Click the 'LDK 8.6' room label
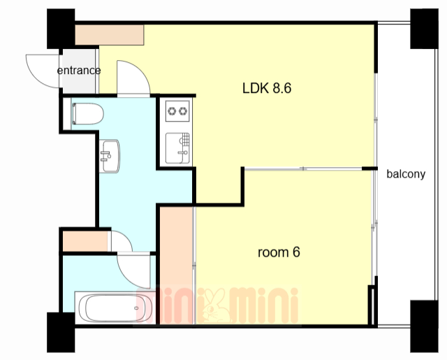coord(267,88)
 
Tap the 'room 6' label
coord(279,252)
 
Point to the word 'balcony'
coord(406,174)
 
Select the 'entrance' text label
coord(79,71)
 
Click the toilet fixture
coord(88,113)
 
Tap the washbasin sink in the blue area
coord(110,156)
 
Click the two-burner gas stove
coord(177,111)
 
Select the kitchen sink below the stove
coord(177,148)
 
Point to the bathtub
coord(115,308)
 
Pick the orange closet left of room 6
coord(176,266)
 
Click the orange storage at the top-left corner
coord(110,35)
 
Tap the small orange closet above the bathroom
coord(85,241)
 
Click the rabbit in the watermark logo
coord(216,305)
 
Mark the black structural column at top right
coord(424,29)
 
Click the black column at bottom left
coord(61,332)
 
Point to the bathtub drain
coord(137,308)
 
